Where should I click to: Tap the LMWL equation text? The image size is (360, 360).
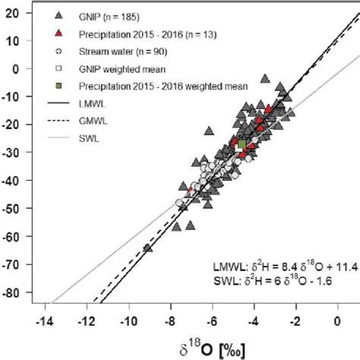[x=279, y=266]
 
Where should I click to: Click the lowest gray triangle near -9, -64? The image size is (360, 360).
[x=148, y=247]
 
